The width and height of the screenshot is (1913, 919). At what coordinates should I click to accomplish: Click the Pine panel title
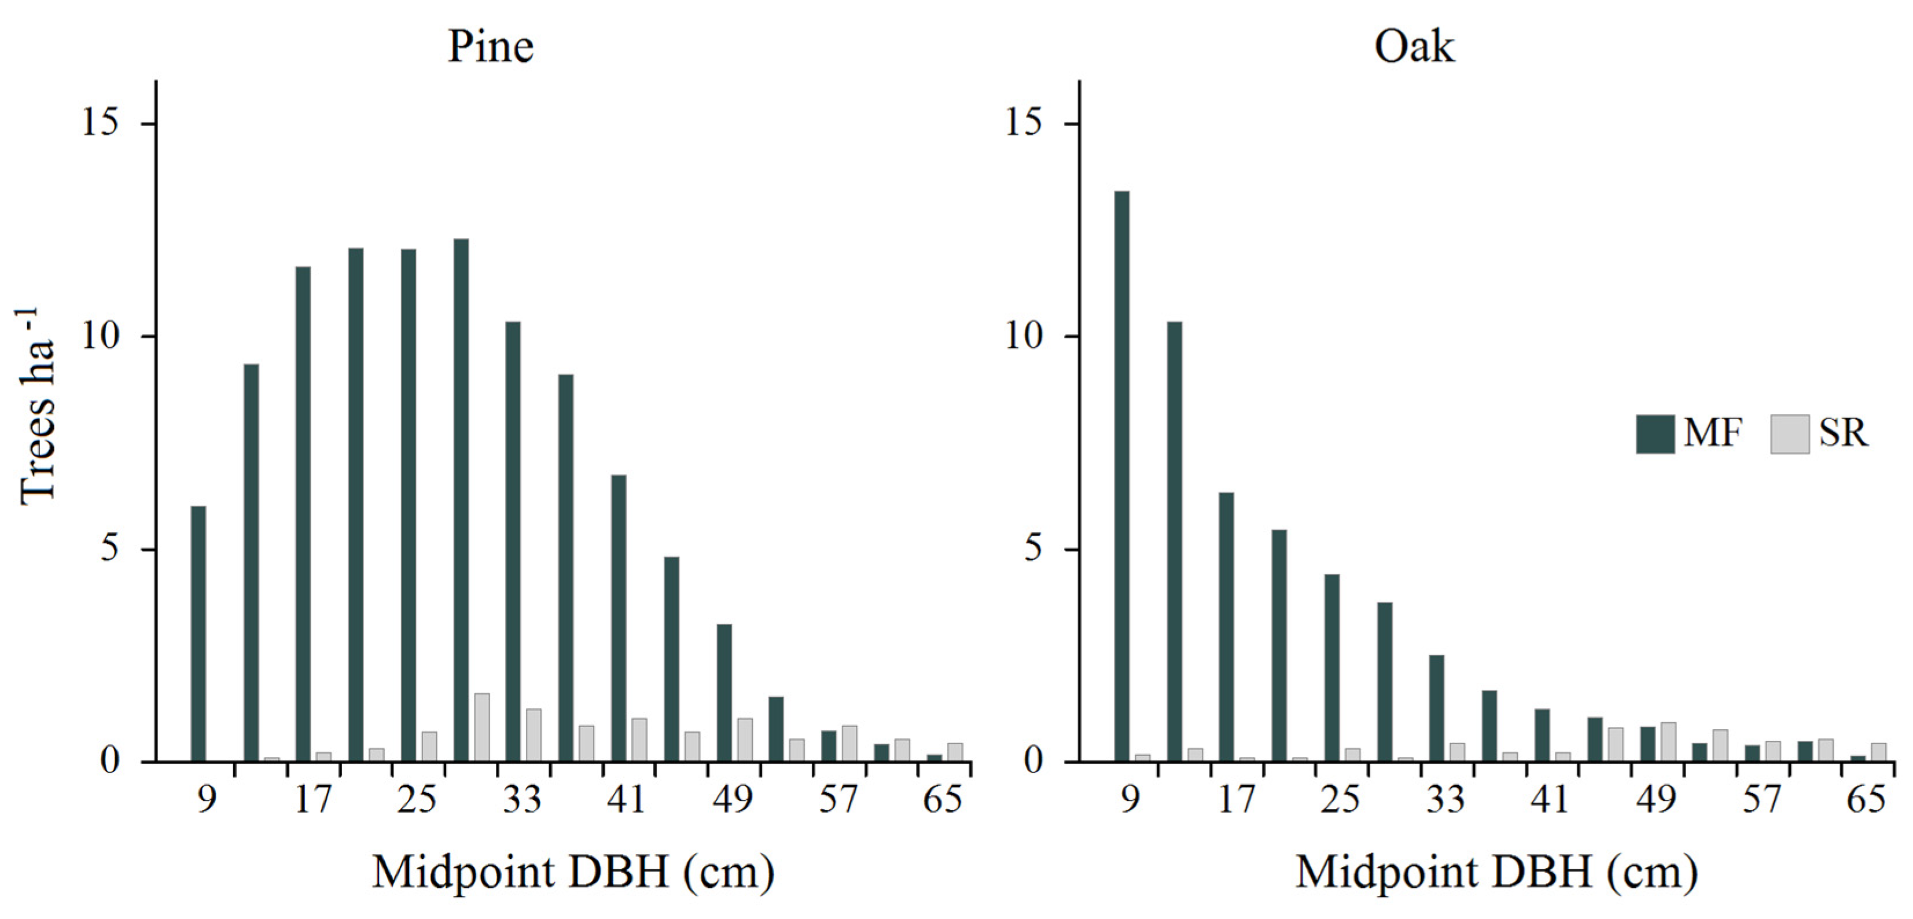point(490,46)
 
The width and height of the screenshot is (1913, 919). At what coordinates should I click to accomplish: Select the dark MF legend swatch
point(1654,434)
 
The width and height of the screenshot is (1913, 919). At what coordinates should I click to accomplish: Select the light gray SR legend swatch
point(1789,434)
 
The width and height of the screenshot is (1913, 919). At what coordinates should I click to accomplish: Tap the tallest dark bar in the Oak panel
point(1121,476)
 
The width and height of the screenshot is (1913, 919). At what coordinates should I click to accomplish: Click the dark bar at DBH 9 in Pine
point(198,633)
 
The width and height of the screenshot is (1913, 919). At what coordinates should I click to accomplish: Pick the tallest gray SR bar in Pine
point(482,727)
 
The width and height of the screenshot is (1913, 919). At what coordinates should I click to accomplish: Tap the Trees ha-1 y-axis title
point(37,407)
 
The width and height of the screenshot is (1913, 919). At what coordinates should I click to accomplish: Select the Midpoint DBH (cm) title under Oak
point(1496,872)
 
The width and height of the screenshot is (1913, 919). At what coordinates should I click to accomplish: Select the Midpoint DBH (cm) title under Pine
point(572,872)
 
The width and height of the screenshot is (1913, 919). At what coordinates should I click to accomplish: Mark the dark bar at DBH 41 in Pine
point(619,617)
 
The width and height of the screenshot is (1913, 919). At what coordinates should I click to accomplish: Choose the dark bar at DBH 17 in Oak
point(1226,626)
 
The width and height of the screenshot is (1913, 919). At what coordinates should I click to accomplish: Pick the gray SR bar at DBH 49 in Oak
point(1668,741)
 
